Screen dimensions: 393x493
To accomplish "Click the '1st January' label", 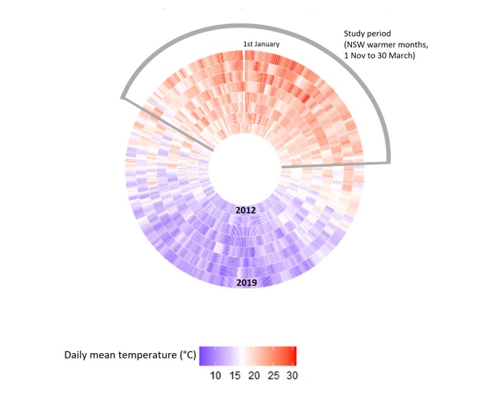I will click(261, 45).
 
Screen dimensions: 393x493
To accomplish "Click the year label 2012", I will click(246, 209).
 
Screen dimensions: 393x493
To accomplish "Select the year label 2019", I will click(246, 283).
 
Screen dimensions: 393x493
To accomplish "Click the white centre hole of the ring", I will click(246, 166).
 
